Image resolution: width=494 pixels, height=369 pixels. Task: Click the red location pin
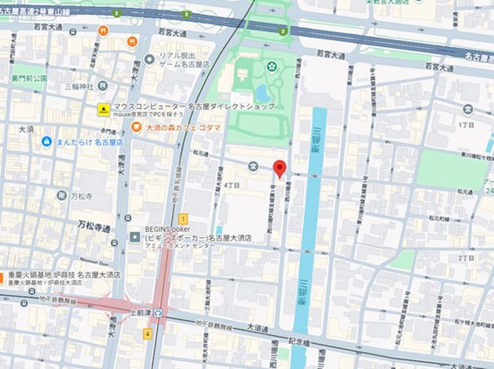[279, 168]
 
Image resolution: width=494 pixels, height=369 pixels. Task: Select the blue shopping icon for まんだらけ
[46, 141]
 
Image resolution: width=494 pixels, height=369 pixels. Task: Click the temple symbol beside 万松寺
[61, 195]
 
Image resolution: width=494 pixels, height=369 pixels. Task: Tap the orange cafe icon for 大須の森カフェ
[136, 127]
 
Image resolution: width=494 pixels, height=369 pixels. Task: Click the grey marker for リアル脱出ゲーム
[150, 59]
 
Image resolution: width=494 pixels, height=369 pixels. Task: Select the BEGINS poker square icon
[135, 236]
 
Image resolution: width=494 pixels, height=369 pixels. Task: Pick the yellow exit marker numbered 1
[183, 219]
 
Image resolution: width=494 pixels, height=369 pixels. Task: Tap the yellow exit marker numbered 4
[148, 333]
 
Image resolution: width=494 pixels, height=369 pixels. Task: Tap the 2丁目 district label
[465, 258]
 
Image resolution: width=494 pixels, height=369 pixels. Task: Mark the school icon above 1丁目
[467, 110]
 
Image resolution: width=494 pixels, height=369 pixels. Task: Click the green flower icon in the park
[270, 67]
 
